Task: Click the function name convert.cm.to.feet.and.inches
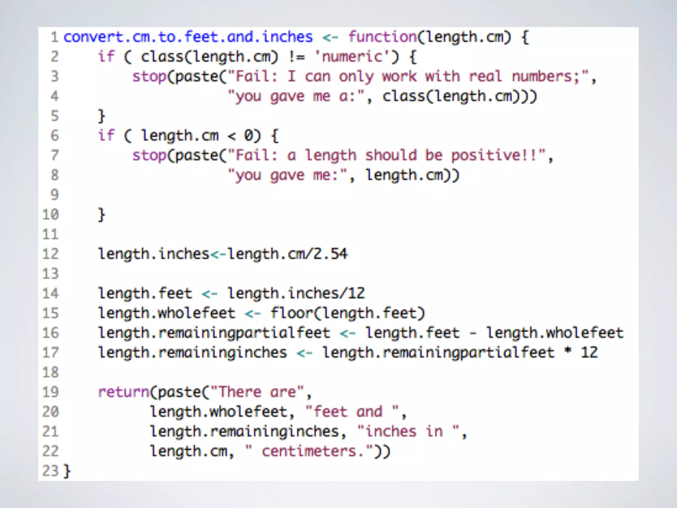(188, 37)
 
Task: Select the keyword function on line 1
(382, 37)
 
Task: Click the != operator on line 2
(296, 57)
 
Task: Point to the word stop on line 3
(149, 76)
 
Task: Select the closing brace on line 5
(101, 116)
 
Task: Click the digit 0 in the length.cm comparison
(248, 136)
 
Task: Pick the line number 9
(55, 194)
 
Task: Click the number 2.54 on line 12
(330, 254)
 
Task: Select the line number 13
(51, 274)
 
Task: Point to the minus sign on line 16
(473, 333)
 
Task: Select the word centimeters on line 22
(309, 451)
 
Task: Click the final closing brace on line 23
(67, 471)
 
